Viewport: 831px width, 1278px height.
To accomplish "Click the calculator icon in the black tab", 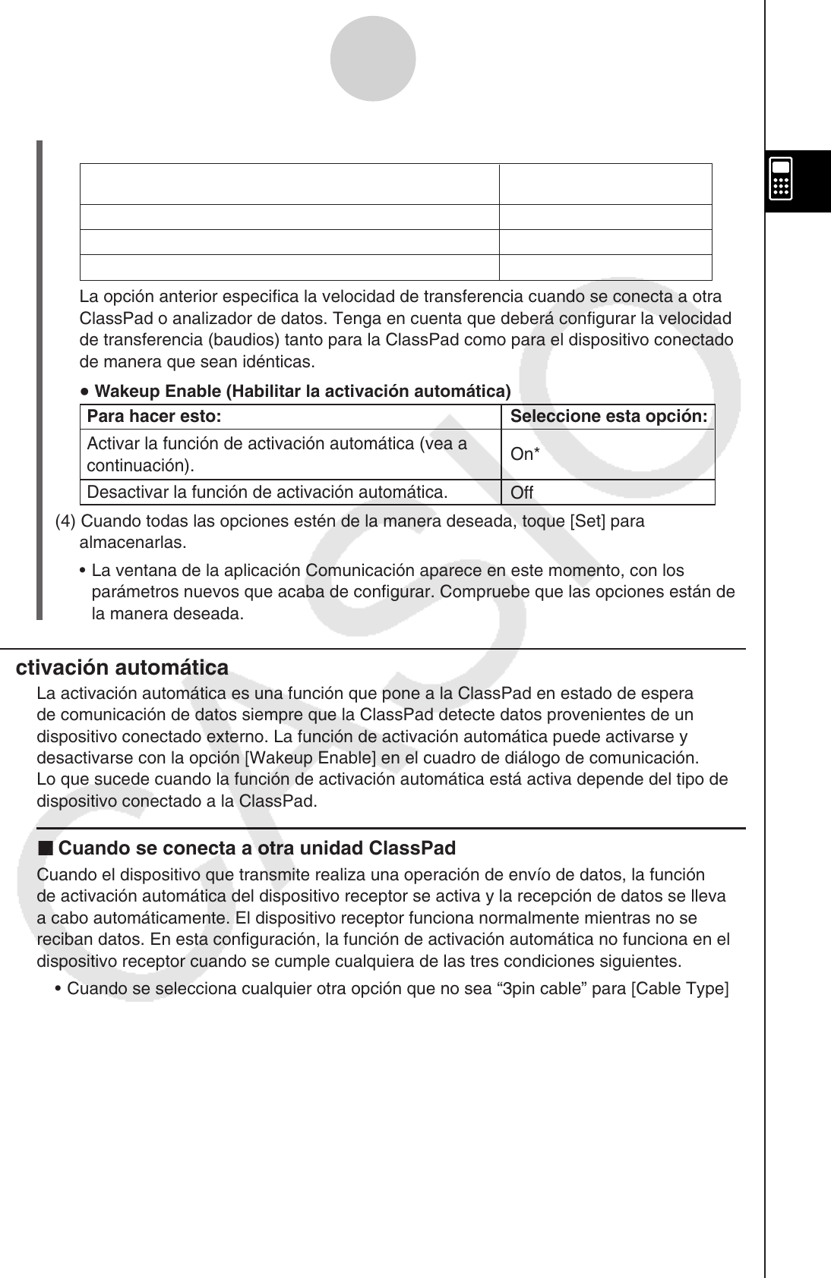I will [x=782, y=179].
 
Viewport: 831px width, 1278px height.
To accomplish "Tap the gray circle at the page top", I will [x=373, y=59].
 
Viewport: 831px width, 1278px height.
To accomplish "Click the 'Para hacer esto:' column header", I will [x=154, y=417].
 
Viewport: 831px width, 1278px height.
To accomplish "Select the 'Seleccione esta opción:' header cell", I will [x=608, y=417].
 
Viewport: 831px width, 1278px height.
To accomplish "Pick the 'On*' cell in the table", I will [x=525, y=455].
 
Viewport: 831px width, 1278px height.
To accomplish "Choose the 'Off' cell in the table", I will [x=522, y=493].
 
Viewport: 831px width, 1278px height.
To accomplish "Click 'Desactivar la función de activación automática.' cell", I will [x=267, y=493].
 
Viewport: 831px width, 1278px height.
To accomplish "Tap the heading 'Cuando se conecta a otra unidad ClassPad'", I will [x=257, y=848].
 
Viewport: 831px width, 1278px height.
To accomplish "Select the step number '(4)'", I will [x=66, y=522].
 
